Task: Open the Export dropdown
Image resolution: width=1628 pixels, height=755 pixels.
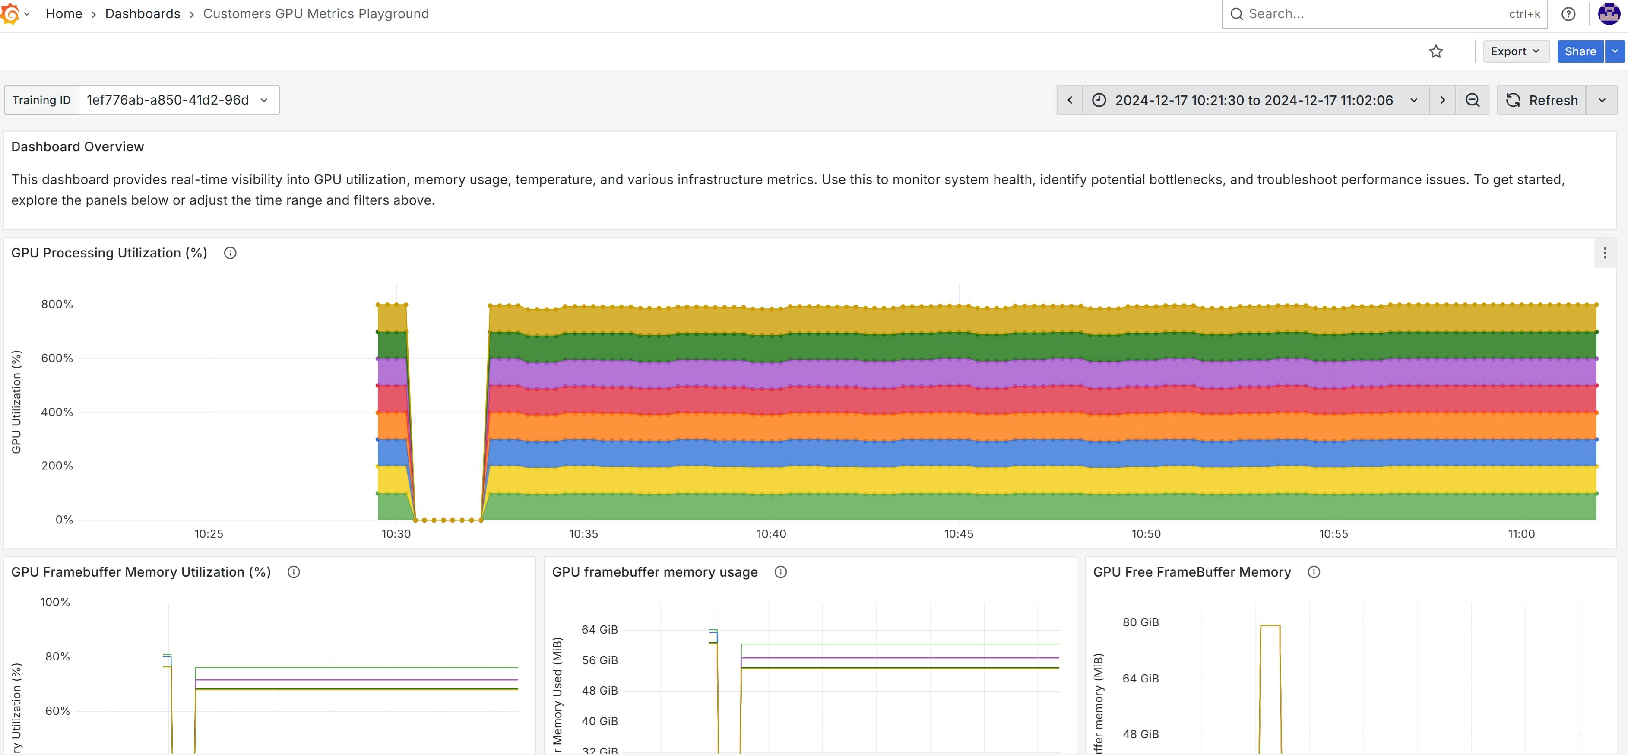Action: (x=1515, y=51)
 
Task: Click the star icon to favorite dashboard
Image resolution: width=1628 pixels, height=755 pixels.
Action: (x=1435, y=51)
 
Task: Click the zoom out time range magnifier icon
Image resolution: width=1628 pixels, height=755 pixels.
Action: (x=1472, y=100)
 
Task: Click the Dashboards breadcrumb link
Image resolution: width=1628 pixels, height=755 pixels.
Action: (x=142, y=13)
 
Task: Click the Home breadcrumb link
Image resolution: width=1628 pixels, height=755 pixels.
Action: (x=63, y=13)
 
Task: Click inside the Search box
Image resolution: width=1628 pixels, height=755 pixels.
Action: (x=1371, y=13)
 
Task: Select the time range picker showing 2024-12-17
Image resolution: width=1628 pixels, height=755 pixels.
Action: (x=1254, y=100)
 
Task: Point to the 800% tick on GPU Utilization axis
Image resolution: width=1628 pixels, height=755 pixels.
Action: (x=57, y=304)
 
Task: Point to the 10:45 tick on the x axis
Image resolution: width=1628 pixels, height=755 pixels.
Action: (x=958, y=534)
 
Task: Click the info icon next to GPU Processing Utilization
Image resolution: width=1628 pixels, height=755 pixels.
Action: (x=230, y=253)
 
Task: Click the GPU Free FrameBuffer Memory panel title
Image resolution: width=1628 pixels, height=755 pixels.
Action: (x=1191, y=571)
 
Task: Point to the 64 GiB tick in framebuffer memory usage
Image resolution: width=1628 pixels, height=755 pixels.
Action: (x=599, y=630)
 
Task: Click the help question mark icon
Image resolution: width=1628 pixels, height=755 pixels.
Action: (x=1568, y=14)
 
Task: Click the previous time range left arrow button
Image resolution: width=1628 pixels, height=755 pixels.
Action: (x=1069, y=100)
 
